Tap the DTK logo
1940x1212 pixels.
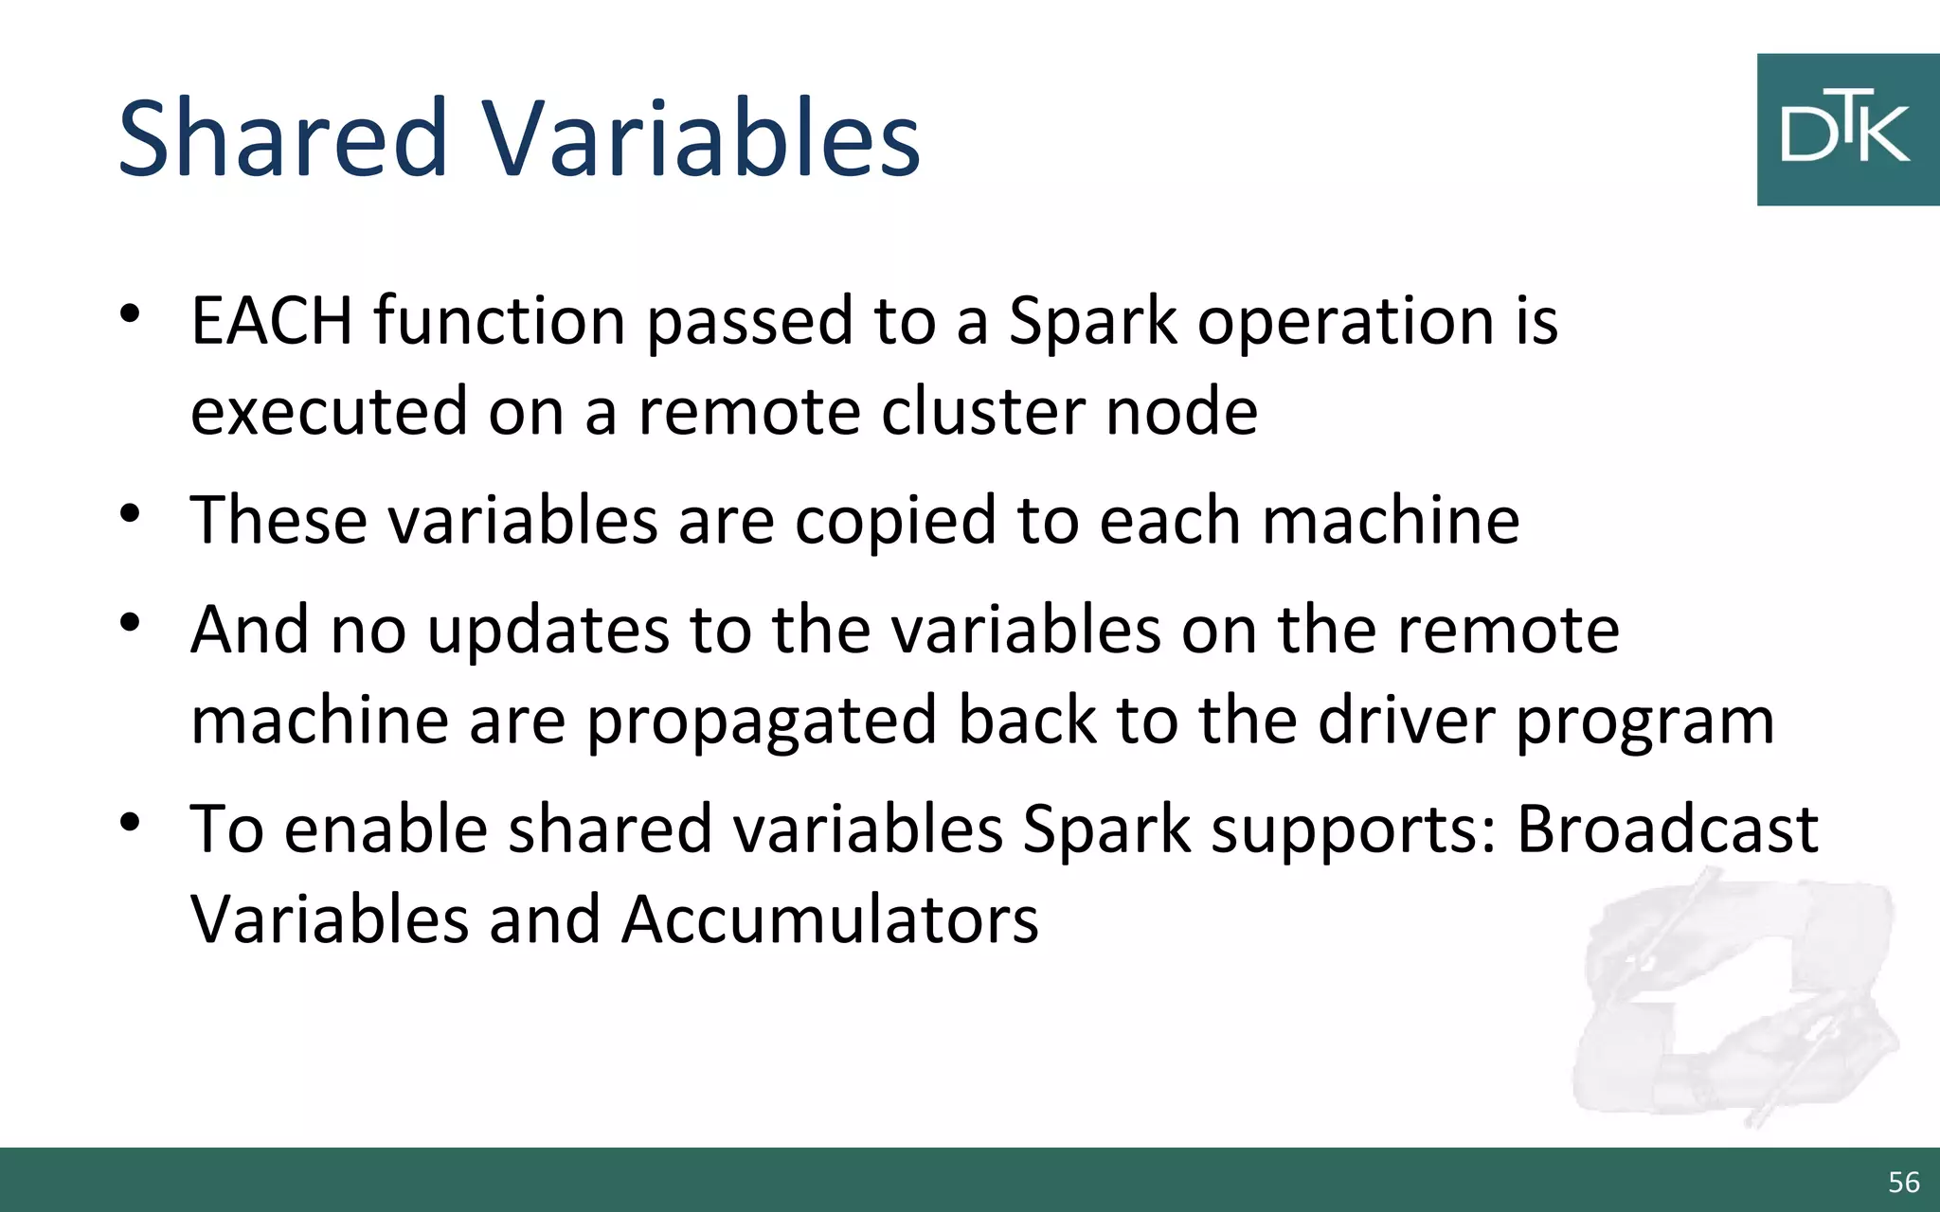click(1846, 130)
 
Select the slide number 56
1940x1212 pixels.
click(1903, 1182)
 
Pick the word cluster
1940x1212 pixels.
click(982, 411)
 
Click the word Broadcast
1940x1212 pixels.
click(1667, 829)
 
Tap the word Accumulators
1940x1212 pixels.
click(830, 919)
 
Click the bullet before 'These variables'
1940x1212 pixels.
click(131, 514)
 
